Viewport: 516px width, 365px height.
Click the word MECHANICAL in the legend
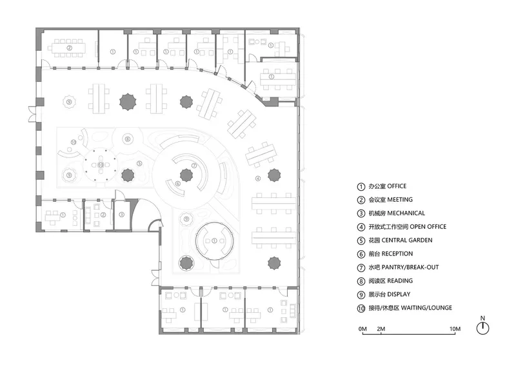[406, 213]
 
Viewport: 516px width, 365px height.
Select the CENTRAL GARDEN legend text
[407, 241]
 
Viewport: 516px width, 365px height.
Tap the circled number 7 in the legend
[361, 268]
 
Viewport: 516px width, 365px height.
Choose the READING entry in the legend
[400, 281]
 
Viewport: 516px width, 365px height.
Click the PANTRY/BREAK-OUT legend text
[410, 267]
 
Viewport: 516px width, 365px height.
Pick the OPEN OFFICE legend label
[428, 227]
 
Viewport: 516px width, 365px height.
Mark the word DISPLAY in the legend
[399, 294]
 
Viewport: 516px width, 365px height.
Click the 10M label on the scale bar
[455, 329]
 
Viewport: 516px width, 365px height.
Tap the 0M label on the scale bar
[362, 329]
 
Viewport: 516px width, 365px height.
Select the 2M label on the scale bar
[381, 329]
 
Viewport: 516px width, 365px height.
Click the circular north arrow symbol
[482, 328]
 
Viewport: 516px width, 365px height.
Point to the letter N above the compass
[482, 319]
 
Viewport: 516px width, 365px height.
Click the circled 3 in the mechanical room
[121, 215]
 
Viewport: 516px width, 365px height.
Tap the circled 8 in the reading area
[128, 139]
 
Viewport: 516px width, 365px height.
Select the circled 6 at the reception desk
[178, 184]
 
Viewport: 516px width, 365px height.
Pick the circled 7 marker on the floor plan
[194, 166]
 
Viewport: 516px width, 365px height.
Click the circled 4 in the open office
[258, 179]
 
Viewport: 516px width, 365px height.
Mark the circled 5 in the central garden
[139, 164]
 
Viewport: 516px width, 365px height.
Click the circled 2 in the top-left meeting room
[69, 48]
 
